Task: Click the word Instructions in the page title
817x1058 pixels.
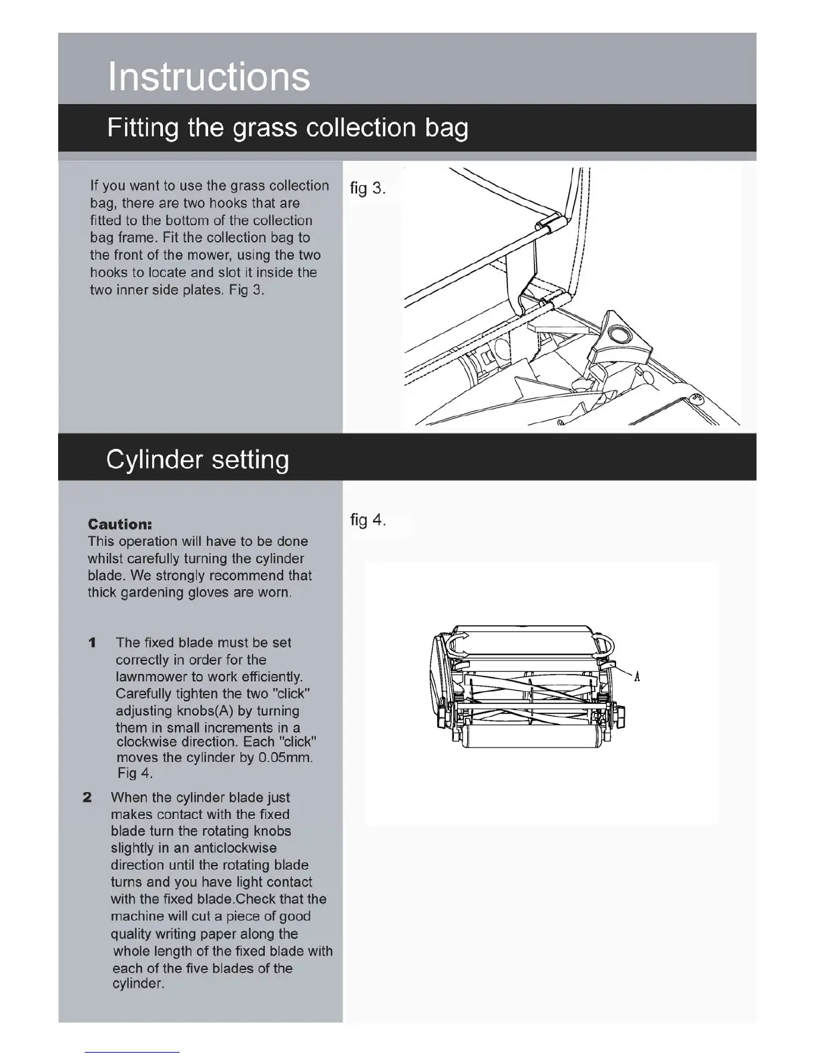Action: pyautogui.click(x=208, y=76)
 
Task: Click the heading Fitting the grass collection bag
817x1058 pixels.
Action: pyautogui.click(x=287, y=128)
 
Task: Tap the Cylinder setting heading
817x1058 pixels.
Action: pyautogui.click(x=198, y=460)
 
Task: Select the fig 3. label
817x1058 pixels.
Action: pyautogui.click(x=368, y=188)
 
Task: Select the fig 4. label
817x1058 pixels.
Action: pyautogui.click(x=368, y=520)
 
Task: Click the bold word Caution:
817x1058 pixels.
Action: pyautogui.click(x=120, y=524)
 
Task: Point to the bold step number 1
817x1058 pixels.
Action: pyautogui.click(x=92, y=643)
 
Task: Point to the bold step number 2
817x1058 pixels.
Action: pyautogui.click(x=87, y=798)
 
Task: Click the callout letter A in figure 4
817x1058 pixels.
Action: pyautogui.click(x=637, y=677)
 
